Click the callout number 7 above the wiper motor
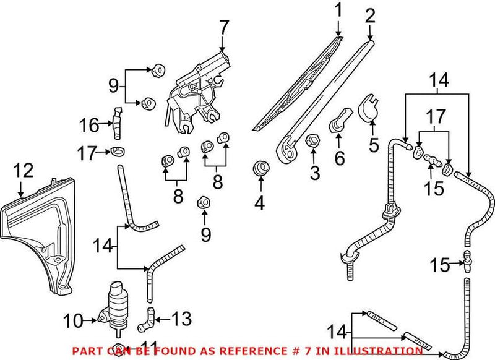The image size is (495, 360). pos(223,28)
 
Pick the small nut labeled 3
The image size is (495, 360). pos(312,141)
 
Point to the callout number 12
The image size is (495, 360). pos(23,169)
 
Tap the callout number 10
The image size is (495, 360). pos(72,320)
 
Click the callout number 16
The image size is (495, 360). pos(88,126)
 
